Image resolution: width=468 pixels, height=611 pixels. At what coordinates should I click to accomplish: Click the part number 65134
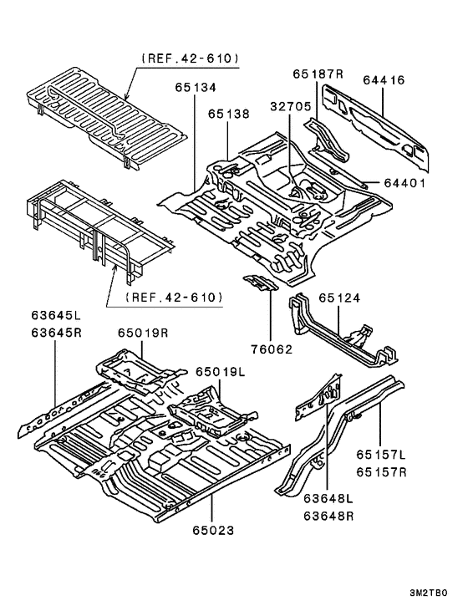pyautogui.click(x=195, y=87)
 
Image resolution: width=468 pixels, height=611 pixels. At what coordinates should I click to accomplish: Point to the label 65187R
pyautogui.click(x=318, y=74)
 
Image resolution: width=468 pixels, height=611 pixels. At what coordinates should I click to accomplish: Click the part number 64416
pyautogui.click(x=384, y=80)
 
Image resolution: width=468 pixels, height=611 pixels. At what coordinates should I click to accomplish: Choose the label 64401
pyautogui.click(x=406, y=183)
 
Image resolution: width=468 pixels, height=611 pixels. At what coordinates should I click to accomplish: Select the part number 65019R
pyautogui.click(x=143, y=333)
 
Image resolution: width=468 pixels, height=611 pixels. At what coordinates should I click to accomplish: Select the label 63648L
pyautogui.click(x=328, y=499)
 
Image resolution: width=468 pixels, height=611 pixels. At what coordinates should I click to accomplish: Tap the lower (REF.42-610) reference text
pyautogui.click(x=173, y=297)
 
